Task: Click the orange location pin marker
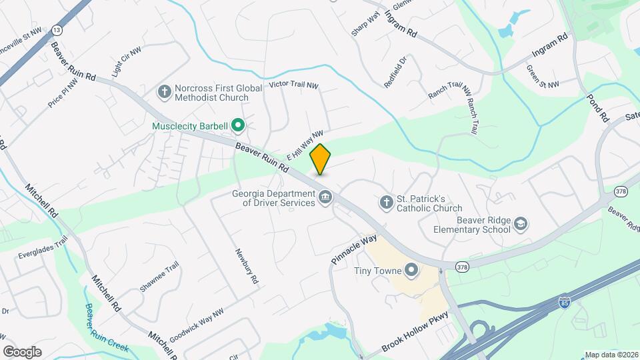pos(321,159)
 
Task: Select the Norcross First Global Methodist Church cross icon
pos(164,91)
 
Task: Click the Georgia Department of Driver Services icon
pos(326,197)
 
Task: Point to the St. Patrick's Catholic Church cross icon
pos(386,201)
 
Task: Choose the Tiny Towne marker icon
pos(412,270)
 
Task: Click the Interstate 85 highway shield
pos(563,302)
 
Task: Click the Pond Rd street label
pos(598,107)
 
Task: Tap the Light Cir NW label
pos(126,62)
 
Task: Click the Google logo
pos(22,351)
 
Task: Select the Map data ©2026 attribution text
pos(611,355)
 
